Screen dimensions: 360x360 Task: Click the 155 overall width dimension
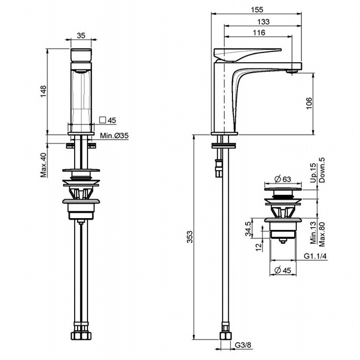point(257,10)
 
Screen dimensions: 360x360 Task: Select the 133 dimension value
point(263,22)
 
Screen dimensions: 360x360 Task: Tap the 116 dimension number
point(259,32)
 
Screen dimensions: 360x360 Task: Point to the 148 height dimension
point(43,91)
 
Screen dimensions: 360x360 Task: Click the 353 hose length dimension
point(190,237)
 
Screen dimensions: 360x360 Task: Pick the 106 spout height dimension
point(309,103)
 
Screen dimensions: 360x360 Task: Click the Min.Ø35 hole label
point(114,136)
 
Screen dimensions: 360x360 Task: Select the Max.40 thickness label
point(43,165)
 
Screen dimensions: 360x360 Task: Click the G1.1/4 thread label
point(315,256)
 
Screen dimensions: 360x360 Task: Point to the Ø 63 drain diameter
point(283,179)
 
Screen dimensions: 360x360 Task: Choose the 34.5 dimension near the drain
point(248,229)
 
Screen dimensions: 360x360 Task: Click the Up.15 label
point(313,173)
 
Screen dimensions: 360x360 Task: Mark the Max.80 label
point(322,234)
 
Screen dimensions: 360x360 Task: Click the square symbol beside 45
point(102,120)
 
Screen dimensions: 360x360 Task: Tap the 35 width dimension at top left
point(81,35)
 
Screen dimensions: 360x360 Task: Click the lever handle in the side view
point(247,55)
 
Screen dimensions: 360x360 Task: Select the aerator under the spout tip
point(292,72)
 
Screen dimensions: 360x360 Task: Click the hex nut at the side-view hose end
point(225,336)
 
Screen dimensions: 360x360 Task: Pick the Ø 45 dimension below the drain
point(283,271)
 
